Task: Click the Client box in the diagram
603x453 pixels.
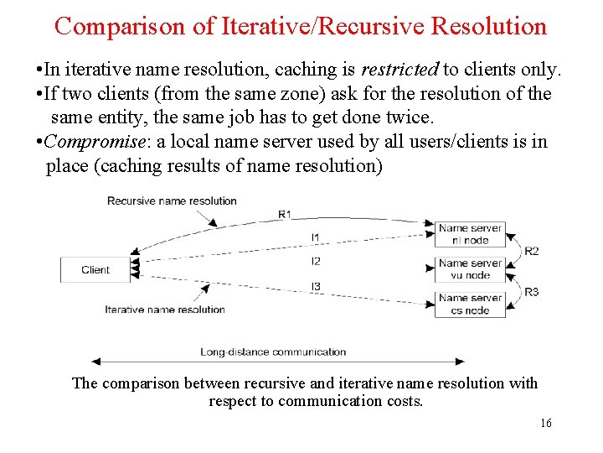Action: (x=95, y=270)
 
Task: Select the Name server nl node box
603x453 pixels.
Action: (x=470, y=233)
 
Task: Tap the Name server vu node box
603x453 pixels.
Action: (x=470, y=268)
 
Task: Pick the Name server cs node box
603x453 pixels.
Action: (x=470, y=304)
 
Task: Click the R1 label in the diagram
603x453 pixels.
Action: (x=285, y=214)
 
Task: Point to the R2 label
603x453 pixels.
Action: (x=532, y=251)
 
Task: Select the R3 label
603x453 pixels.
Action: (x=532, y=292)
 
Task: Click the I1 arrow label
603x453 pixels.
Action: (x=315, y=237)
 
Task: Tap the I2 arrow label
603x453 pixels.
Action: (x=315, y=261)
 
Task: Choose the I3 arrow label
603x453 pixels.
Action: (x=315, y=287)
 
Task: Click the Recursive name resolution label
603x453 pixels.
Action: (x=172, y=200)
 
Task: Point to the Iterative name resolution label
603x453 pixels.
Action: (x=165, y=310)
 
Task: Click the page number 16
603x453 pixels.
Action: (x=546, y=424)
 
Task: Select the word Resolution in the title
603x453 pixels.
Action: (x=488, y=26)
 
